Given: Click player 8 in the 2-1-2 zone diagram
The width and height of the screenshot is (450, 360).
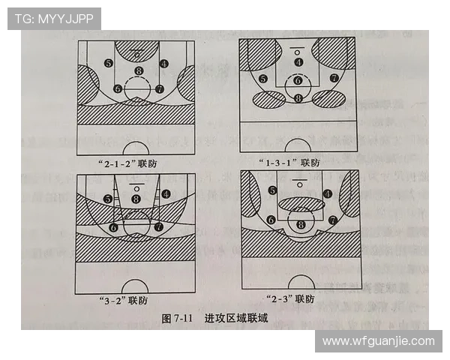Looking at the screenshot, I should point(138,71).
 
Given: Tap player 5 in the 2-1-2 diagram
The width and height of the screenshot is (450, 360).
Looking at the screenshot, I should point(109,63).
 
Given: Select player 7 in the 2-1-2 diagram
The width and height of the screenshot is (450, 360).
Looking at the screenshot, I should point(159,88).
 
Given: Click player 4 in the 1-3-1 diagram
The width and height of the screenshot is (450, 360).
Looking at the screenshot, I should point(298,62).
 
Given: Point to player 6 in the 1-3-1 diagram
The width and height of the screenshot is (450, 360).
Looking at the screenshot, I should point(298,80).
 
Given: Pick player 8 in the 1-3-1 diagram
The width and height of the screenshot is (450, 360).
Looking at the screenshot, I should point(298,97).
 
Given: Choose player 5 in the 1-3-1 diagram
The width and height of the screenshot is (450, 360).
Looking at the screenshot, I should point(262,79).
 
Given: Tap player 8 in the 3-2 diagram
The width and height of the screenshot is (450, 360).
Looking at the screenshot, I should point(136,199).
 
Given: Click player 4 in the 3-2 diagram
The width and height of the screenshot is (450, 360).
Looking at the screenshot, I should point(165,193).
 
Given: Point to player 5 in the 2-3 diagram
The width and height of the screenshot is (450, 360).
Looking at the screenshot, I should point(271,190).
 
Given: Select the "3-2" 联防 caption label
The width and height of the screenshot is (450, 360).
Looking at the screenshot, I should point(122,301).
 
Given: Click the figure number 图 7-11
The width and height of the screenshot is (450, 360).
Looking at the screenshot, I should point(178,319).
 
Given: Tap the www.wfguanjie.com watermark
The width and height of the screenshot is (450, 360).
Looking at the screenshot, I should point(378,341).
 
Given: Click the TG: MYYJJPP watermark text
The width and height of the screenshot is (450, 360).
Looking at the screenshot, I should point(54,18).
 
